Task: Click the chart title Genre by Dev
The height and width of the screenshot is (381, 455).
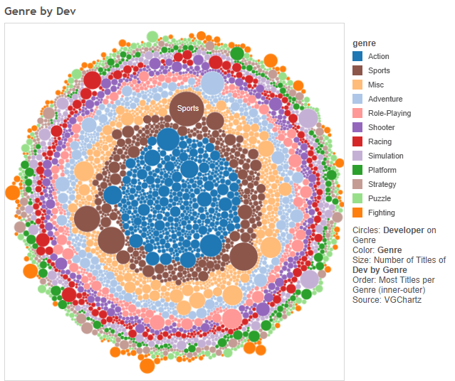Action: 40,11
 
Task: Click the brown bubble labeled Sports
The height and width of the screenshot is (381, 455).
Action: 188,109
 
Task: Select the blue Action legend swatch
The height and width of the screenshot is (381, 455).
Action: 358,56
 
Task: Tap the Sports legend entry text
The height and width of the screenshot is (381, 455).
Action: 379,70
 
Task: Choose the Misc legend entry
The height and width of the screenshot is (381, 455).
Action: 375,85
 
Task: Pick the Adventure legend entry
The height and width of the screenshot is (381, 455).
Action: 385,99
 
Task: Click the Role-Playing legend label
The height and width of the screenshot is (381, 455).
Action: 389,113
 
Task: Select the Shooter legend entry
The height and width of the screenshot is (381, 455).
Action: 381,127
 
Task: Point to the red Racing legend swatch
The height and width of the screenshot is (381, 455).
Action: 358,141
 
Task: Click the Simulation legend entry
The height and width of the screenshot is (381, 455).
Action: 385,156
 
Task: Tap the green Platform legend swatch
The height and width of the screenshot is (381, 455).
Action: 358,170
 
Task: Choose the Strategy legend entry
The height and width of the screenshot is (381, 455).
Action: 382,184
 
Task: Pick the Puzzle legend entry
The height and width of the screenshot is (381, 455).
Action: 379,198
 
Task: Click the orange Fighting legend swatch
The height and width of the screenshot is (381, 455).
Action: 358,213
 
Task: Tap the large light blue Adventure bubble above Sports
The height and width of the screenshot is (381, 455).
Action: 212,83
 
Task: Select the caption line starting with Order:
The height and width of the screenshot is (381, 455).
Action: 399,280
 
